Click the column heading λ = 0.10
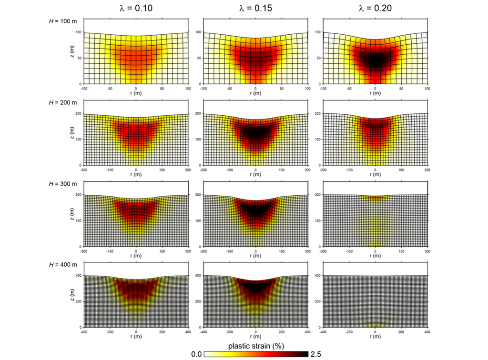click(x=136, y=8)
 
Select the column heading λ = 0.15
click(x=255, y=8)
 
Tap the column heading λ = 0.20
click(x=375, y=8)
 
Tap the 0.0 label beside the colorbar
click(x=196, y=354)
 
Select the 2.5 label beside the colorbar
click(x=315, y=354)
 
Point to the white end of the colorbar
click(x=208, y=354)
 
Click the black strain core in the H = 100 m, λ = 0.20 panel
click(x=375, y=60)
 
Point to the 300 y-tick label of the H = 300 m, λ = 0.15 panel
click(x=198, y=195)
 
